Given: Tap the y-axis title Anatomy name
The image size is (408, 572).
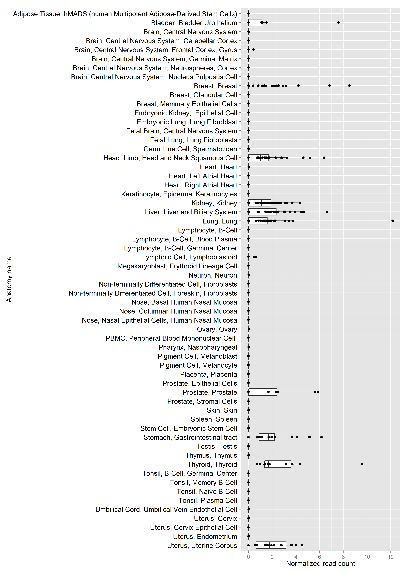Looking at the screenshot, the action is point(9,279).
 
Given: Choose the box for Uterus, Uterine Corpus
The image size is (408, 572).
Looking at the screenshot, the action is point(271,545).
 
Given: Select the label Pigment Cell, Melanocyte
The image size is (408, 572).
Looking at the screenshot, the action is point(198,365).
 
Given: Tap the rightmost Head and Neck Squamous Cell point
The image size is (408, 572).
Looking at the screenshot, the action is point(324,158).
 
